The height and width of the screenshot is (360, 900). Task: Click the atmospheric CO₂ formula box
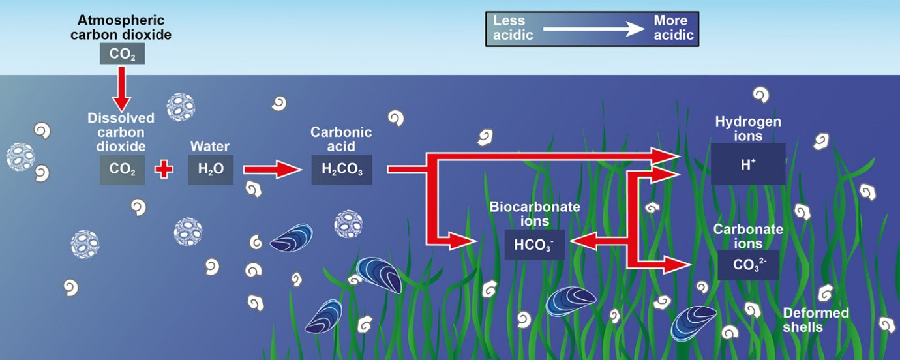click(x=123, y=53)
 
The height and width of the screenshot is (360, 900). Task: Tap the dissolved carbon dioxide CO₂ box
click(x=123, y=170)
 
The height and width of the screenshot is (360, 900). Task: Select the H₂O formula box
click(x=211, y=170)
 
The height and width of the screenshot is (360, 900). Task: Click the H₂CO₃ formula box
click(x=342, y=170)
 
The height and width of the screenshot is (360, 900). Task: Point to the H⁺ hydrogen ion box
click(x=748, y=164)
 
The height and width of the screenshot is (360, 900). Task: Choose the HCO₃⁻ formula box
click(x=535, y=245)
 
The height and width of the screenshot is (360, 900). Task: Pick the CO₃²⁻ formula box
click(x=748, y=265)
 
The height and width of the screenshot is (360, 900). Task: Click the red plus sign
click(x=164, y=170)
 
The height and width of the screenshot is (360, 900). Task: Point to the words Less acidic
click(x=513, y=28)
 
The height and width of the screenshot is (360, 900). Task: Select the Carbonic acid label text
click(x=341, y=139)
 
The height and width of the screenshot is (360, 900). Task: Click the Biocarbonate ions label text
click(x=535, y=214)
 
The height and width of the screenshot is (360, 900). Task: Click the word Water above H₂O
click(x=210, y=147)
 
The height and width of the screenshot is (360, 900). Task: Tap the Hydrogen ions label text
click(x=748, y=128)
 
